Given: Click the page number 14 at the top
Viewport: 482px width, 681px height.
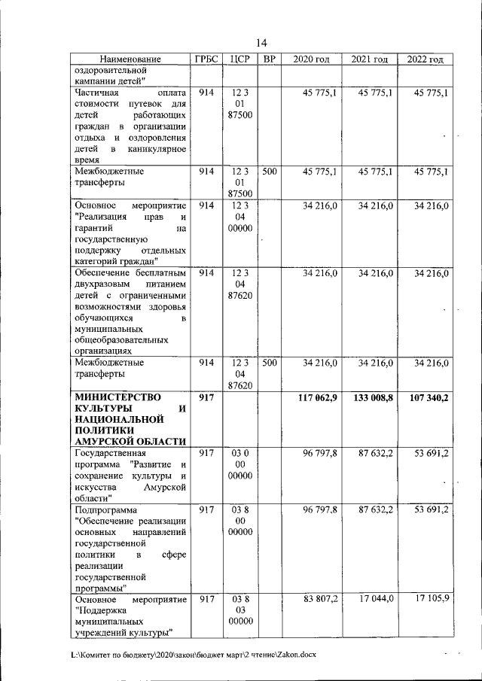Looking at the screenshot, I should coord(261,42).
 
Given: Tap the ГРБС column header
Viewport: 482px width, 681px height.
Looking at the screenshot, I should coord(206,59).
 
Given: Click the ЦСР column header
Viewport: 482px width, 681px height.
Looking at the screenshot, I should coord(239,59).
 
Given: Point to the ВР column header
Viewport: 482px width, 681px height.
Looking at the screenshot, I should coord(268,59).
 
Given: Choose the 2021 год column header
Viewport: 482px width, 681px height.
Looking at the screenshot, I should coord(369,59).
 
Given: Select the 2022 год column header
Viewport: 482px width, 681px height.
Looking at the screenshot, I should coord(425,59).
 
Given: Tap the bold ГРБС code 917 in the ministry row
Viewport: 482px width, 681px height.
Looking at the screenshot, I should coord(206,397).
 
